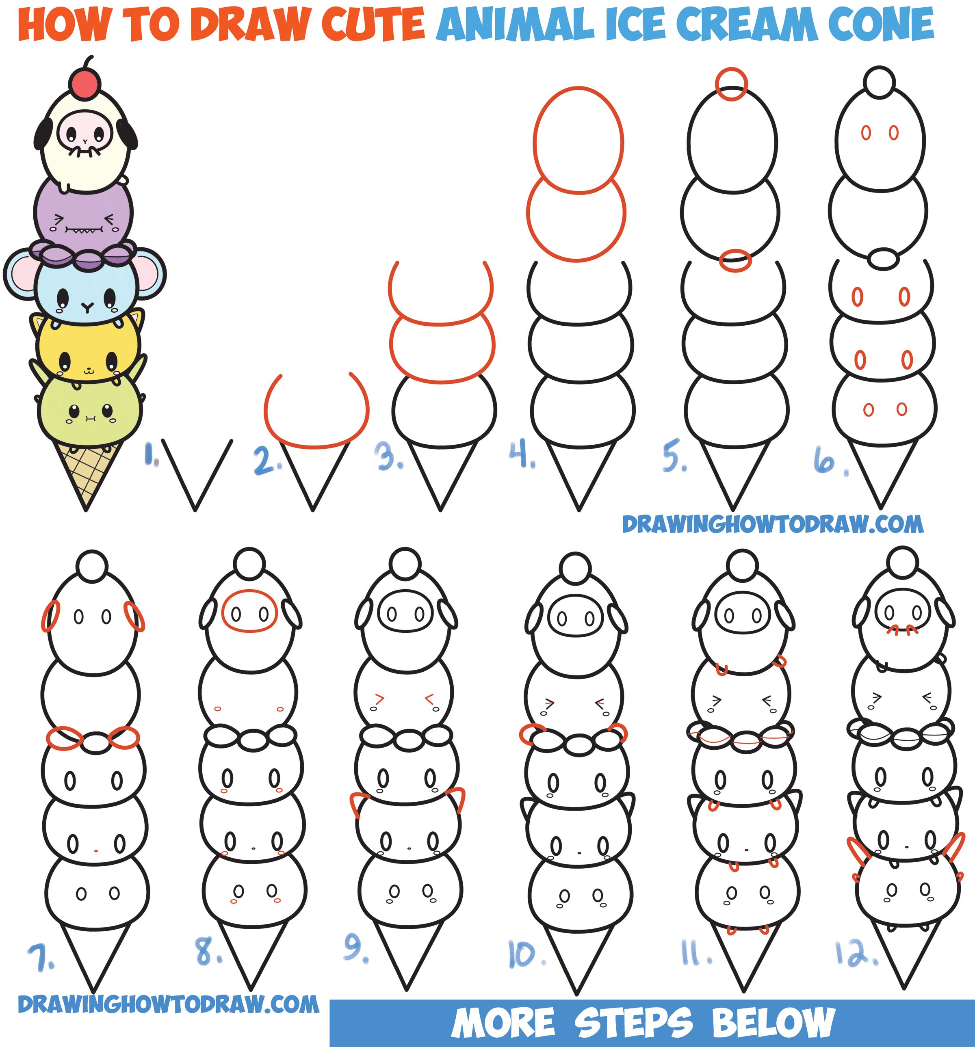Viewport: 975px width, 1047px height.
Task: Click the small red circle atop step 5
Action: click(x=731, y=84)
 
